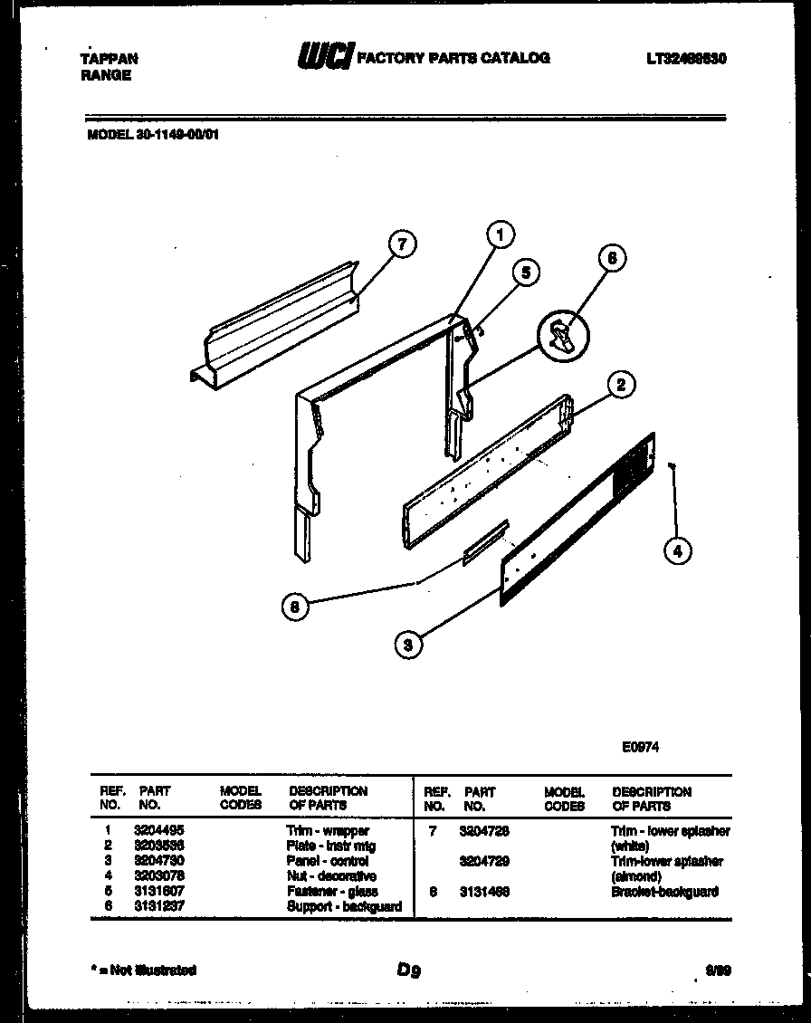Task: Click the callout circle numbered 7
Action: (402, 244)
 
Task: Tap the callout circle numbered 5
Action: (525, 272)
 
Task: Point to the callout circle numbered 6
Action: (612, 258)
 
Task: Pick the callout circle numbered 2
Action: (621, 386)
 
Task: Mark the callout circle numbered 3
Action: (408, 645)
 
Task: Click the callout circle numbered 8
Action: (294, 608)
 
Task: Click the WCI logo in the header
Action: (326, 57)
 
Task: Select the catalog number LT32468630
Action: (687, 59)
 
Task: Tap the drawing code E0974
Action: (640, 748)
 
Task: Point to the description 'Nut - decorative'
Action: (330, 876)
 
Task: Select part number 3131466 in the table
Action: (484, 892)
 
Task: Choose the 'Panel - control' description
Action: (327, 861)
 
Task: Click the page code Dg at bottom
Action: (408, 970)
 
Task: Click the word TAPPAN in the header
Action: (110, 59)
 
